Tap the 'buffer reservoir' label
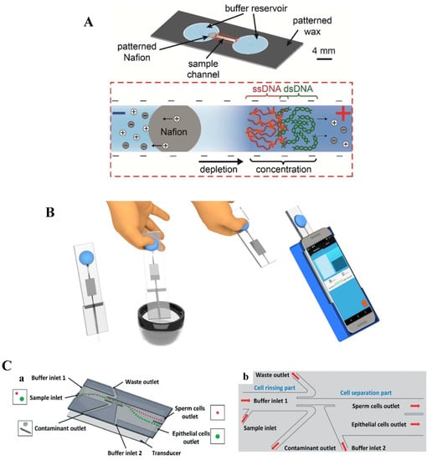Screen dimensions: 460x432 [x=237, y=9]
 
